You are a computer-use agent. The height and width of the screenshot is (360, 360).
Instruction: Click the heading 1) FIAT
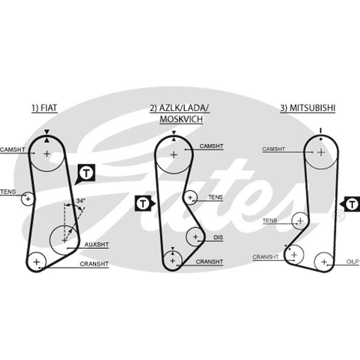(x=44, y=108)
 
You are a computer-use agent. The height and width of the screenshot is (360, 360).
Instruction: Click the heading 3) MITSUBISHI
(x=308, y=108)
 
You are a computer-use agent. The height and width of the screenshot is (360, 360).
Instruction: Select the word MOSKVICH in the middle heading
(x=181, y=119)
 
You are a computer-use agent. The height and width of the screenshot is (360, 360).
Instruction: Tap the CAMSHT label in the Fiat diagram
(x=13, y=149)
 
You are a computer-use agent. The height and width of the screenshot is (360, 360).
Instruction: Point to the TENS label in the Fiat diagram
(x=8, y=192)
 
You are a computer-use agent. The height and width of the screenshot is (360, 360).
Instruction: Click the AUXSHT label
(x=96, y=244)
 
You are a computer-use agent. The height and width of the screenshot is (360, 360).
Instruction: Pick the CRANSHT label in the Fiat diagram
(x=94, y=264)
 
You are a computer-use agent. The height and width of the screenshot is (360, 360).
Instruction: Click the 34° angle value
(x=81, y=201)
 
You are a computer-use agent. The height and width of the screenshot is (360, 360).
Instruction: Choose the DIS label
(x=218, y=237)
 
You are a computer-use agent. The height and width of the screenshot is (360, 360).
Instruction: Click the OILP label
(x=353, y=261)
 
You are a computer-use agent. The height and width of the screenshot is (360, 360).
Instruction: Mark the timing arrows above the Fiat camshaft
(x=47, y=136)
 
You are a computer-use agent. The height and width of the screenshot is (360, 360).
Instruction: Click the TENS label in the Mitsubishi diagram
(x=270, y=220)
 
